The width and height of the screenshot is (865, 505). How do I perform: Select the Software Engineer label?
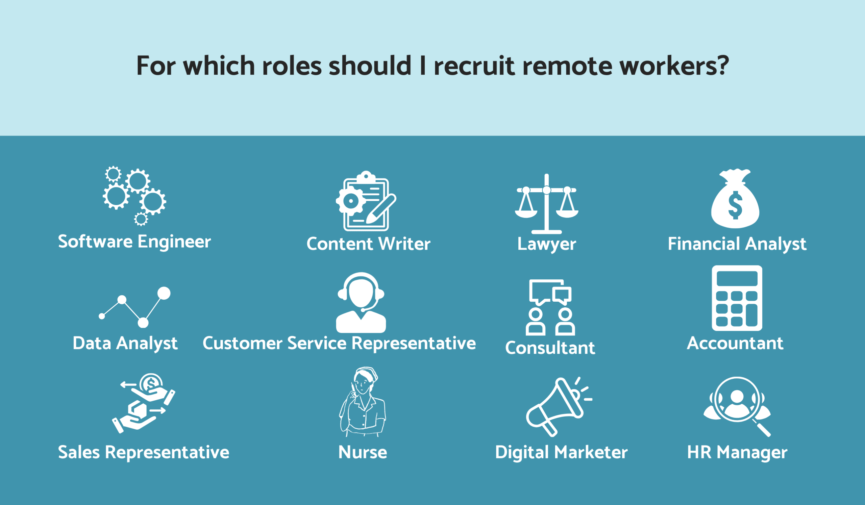coord(134,242)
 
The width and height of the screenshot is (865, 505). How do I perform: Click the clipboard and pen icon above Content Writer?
coord(366,201)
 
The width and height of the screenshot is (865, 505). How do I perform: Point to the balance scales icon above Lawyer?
coord(546,204)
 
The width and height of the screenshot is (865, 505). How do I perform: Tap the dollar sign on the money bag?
coord(735,205)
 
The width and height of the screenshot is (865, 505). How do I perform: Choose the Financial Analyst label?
coord(737,244)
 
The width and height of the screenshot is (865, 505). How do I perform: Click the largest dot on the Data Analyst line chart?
coord(164,293)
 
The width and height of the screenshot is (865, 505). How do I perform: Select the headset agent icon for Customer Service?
coord(361,303)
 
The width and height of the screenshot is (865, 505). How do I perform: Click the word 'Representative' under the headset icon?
coord(414,344)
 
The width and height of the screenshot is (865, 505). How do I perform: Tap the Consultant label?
coord(550,348)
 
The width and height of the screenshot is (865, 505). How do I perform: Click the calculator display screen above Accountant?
coord(737,279)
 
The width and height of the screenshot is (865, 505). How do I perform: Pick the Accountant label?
coord(735,343)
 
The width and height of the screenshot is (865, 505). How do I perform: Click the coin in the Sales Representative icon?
coord(151,383)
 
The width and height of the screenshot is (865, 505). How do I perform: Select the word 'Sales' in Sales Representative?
coord(79,452)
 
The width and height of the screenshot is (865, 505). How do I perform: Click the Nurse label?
coord(363,452)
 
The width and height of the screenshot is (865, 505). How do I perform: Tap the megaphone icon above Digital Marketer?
coord(558,407)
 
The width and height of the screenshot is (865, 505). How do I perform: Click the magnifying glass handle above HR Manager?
coord(762,428)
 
